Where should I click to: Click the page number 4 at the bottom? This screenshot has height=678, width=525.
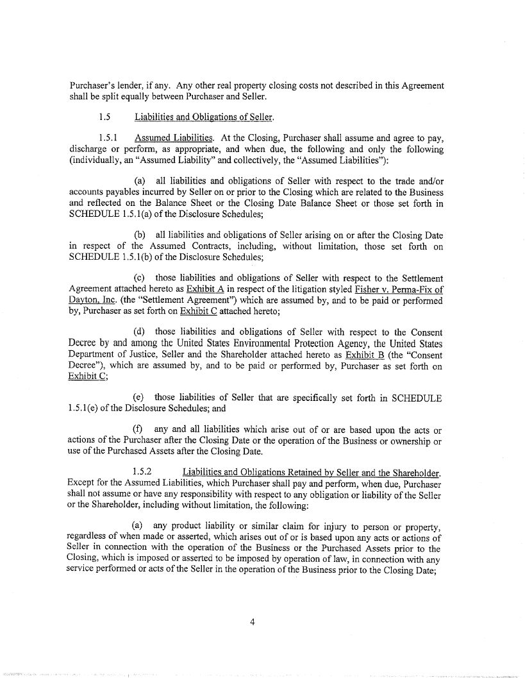click(x=253, y=620)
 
